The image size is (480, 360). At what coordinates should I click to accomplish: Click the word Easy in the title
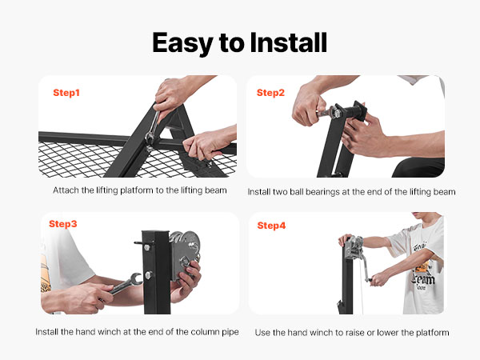tap(182, 43)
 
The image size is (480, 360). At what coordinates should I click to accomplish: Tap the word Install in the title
tap(289, 42)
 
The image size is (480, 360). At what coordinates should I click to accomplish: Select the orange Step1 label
tap(66, 93)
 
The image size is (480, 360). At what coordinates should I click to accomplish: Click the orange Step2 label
tap(270, 93)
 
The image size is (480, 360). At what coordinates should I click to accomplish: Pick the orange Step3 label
tap(63, 224)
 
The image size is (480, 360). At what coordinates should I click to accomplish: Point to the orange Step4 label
tap(271, 226)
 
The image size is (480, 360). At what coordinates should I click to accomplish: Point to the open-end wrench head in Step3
tap(136, 279)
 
